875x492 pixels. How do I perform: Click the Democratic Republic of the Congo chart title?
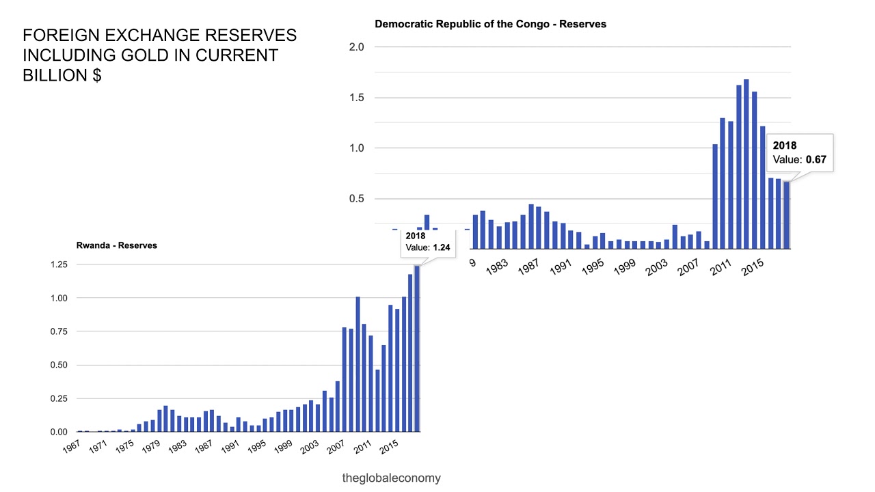pos(490,24)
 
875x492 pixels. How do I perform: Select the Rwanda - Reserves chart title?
pos(116,245)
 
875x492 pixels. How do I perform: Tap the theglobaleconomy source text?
pos(391,478)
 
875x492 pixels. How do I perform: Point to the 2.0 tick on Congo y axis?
pos(357,47)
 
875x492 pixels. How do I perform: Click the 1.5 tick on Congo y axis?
pos(357,98)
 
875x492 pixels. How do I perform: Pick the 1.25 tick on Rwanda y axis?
pos(58,264)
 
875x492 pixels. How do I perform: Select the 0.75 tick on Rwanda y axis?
pos(58,331)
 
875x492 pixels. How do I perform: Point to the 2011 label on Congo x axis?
pos(719,267)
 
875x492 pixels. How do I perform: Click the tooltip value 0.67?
pos(816,160)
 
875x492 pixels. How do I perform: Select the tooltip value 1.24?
pos(442,248)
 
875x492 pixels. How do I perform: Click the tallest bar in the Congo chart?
pos(746,164)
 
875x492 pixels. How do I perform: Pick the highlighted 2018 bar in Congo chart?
pos(787,215)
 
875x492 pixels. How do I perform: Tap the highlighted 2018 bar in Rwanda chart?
pos(417,348)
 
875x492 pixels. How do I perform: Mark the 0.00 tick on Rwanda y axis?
pos(58,432)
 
